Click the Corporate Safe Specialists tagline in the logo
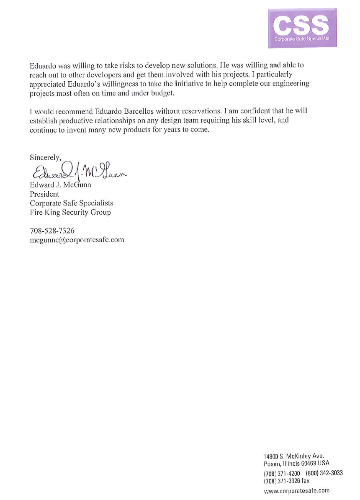pyautogui.click(x=301, y=39)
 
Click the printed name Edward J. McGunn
pyautogui.click(x=60, y=185)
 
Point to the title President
pyautogui.click(x=44, y=194)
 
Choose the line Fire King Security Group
pyautogui.click(x=70, y=212)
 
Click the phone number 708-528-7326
pyautogui.click(x=52, y=231)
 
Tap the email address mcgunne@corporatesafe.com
pyautogui.click(x=77, y=240)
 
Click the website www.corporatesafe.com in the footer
pyautogui.click(x=297, y=490)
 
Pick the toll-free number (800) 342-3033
pyautogui.click(x=324, y=473)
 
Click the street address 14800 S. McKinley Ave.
pyautogui.click(x=294, y=456)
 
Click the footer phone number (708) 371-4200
pyautogui.click(x=282, y=473)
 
